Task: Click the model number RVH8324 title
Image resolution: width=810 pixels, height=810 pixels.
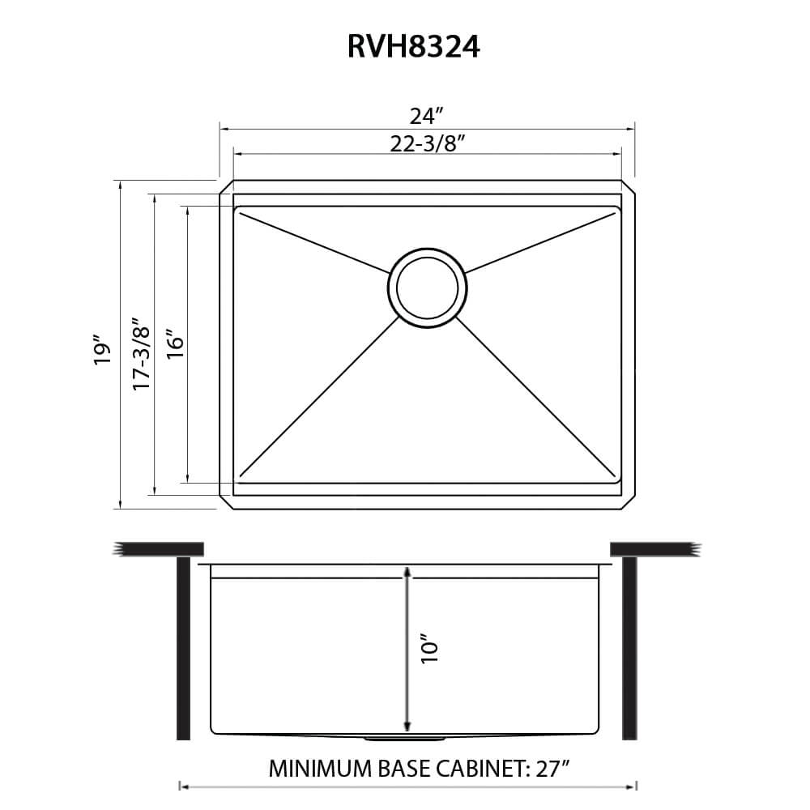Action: pyautogui.click(x=413, y=47)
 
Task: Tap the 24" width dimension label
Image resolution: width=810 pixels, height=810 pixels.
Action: pyautogui.click(x=427, y=114)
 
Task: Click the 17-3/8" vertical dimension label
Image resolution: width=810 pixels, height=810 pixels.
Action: pyautogui.click(x=143, y=354)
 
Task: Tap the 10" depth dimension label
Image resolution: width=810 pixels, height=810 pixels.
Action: pyautogui.click(x=428, y=650)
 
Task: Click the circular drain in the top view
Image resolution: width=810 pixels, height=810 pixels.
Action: pyautogui.click(x=428, y=288)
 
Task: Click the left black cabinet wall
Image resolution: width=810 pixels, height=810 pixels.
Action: pyautogui.click(x=183, y=648)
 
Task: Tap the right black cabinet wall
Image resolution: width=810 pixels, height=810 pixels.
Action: pyautogui.click(x=629, y=648)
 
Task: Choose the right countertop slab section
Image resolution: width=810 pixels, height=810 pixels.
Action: pyautogui.click(x=653, y=548)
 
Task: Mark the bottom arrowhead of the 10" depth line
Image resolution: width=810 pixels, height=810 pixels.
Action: pyautogui.click(x=407, y=725)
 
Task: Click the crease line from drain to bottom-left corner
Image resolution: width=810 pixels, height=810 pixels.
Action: pyautogui.click(x=320, y=397)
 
